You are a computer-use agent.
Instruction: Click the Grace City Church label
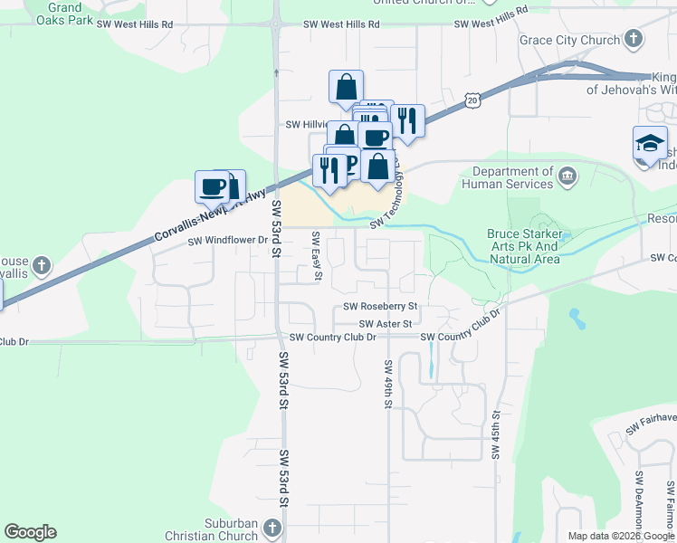click(568, 40)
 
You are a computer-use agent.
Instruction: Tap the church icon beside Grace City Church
click(634, 39)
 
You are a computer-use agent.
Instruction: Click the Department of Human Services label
click(507, 177)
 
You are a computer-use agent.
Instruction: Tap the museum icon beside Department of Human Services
click(567, 176)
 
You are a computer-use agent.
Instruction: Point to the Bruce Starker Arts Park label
click(524, 246)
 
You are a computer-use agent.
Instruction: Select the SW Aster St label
click(386, 323)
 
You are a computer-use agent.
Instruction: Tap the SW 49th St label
click(387, 384)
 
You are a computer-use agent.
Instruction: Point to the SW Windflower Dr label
click(228, 241)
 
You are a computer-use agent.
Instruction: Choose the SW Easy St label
click(316, 256)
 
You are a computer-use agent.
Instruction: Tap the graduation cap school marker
click(650, 144)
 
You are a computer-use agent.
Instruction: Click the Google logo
click(30, 532)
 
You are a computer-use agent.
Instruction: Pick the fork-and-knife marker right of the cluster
click(407, 120)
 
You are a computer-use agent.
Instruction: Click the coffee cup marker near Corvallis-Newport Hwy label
click(213, 186)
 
